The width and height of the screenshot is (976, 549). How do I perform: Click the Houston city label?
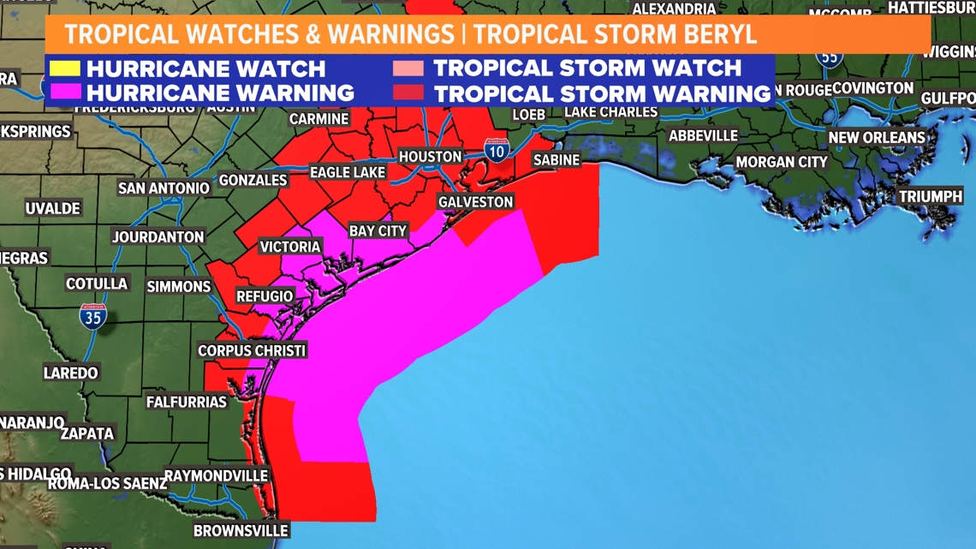430,157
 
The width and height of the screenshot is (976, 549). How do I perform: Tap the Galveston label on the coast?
475,202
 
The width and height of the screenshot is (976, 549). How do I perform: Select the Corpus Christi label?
252,350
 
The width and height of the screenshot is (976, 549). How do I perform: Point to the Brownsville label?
241,530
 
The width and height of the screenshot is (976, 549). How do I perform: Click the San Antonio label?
164,188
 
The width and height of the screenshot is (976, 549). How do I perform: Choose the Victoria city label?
290,247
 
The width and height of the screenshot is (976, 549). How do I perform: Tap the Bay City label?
378,231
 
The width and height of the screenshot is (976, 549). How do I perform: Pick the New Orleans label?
876,138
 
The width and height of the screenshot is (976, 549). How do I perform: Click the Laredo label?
71,373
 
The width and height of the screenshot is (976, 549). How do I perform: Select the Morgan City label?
782,162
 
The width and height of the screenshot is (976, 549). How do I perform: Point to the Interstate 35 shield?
92,317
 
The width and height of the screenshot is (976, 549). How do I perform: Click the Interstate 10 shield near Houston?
497,150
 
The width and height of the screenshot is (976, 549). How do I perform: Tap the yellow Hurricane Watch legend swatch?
65,69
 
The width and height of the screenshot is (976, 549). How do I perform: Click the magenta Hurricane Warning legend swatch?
65,92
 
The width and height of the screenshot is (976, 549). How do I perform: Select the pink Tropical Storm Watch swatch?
408,69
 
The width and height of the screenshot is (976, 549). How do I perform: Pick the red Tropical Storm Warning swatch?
408,92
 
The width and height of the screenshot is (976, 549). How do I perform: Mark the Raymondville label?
216,475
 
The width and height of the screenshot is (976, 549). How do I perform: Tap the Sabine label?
556,160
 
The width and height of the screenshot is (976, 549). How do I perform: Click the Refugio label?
265,296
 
